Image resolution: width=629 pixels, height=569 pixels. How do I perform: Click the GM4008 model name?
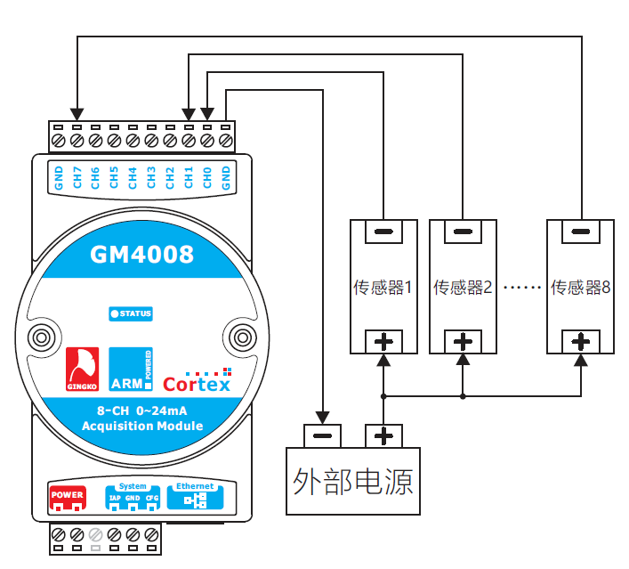point(142,256)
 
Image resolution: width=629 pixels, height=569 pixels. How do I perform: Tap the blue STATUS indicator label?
point(131,313)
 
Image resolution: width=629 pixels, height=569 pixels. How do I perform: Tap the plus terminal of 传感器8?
point(580,342)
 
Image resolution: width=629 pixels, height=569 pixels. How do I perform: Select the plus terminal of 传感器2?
point(463,342)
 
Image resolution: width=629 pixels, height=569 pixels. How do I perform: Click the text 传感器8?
point(580,288)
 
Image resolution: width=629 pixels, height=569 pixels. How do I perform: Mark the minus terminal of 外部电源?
point(323,436)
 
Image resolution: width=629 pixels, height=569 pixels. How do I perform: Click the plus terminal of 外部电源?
point(383,436)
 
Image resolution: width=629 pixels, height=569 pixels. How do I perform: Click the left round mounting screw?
point(41,337)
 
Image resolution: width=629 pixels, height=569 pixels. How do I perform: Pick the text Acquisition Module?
point(142,427)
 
